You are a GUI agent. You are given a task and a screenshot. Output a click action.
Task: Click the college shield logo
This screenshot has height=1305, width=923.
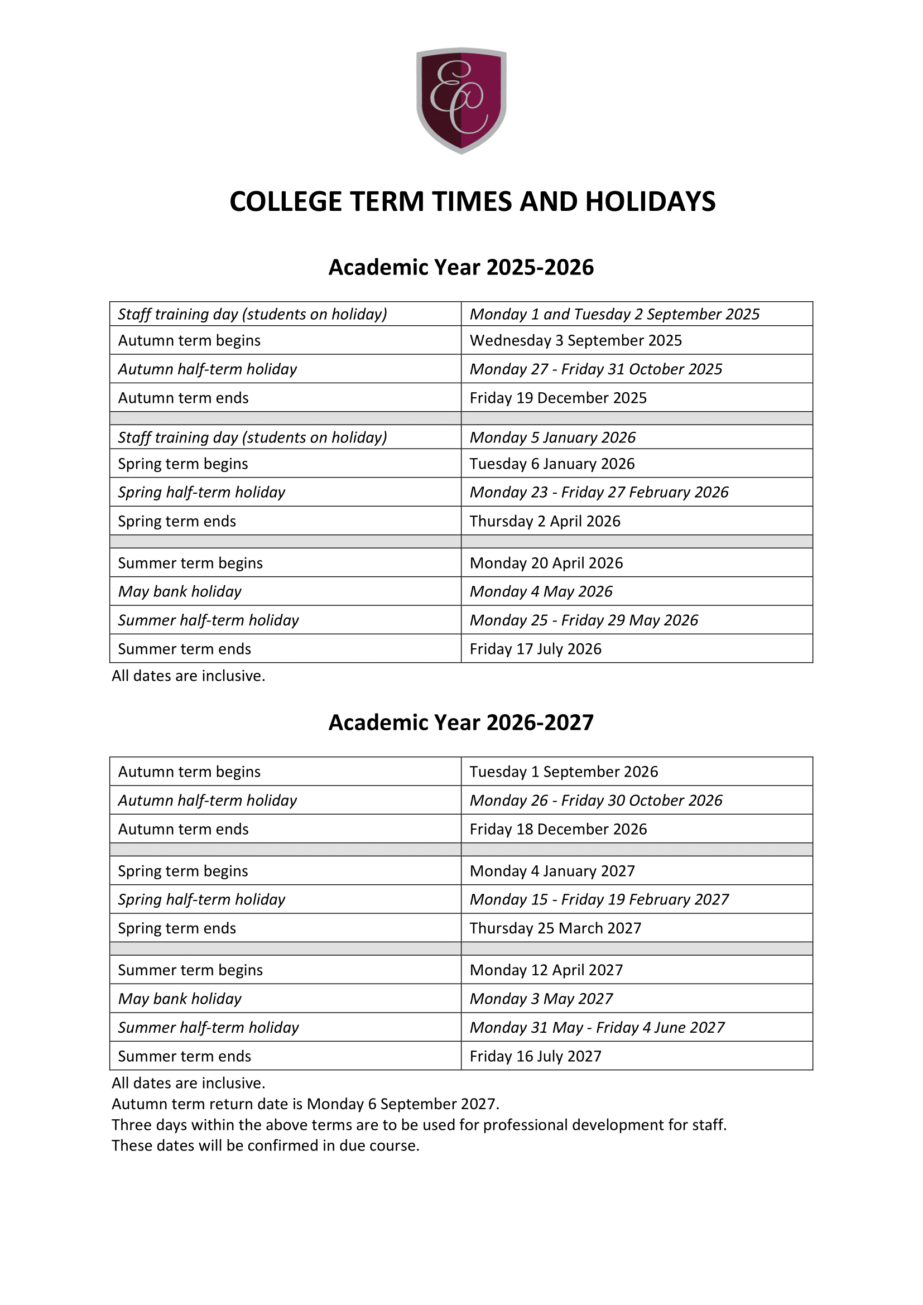[461, 100]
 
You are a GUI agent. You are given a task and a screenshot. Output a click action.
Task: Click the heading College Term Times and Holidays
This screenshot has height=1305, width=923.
[472, 202]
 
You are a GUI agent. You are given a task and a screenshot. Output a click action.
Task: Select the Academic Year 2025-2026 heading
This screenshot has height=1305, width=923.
[461, 267]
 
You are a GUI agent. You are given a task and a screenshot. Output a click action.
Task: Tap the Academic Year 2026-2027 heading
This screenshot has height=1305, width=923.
[461, 723]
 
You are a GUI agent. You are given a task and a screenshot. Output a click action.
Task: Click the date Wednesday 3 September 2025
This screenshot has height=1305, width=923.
[575, 340]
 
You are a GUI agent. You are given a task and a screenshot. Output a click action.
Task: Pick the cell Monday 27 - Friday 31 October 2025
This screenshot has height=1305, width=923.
[595, 369]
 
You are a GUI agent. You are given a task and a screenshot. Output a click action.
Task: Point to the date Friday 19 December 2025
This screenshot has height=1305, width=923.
[558, 398]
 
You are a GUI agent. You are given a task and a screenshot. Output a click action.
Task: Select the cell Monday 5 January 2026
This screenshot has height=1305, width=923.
[552, 437]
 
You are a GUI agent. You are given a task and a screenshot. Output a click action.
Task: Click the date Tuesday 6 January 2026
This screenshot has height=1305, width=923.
[552, 464]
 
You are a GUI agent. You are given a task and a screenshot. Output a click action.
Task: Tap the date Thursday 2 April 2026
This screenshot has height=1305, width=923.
[545, 521]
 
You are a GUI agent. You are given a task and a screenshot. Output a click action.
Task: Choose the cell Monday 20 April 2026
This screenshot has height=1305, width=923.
[546, 564]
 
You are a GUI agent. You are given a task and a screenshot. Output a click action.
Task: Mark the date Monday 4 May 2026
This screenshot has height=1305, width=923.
[541, 591]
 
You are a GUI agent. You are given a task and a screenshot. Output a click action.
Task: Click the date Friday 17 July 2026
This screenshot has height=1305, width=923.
[535, 649]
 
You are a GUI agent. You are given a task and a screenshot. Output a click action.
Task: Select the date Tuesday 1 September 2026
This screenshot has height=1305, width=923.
[564, 772]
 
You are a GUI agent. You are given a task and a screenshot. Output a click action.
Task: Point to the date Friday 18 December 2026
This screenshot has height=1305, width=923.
[558, 829]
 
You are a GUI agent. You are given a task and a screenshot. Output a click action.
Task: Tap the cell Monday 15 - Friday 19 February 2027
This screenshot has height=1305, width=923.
[599, 900]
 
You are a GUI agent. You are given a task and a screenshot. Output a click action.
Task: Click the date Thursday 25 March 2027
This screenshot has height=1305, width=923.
[555, 928]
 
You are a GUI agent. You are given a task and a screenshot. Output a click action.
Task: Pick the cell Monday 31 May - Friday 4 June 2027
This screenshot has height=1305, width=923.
[597, 1028]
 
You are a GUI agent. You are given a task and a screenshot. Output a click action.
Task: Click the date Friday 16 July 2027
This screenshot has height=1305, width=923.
[535, 1056]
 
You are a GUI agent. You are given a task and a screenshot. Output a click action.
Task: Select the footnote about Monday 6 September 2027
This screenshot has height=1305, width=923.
[305, 1104]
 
